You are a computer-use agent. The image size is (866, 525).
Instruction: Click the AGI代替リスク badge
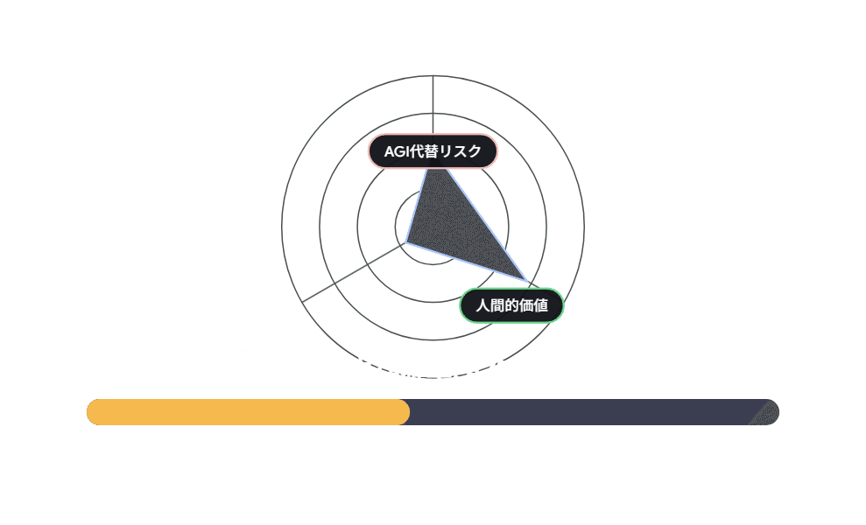click(433, 151)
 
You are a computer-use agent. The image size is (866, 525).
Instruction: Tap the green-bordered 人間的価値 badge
click(512, 305)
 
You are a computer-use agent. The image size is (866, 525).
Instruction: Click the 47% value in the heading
click(492, 371)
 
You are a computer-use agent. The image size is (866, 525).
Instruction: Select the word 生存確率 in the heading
click(399, 371)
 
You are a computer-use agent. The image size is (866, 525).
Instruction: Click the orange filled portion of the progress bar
click(248, 412)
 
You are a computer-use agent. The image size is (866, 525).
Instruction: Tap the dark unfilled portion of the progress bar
click(578, 412)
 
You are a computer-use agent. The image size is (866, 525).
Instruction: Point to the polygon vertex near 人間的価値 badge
click(528, 282)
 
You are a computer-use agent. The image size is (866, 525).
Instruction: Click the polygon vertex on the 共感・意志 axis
click(405, 242)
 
